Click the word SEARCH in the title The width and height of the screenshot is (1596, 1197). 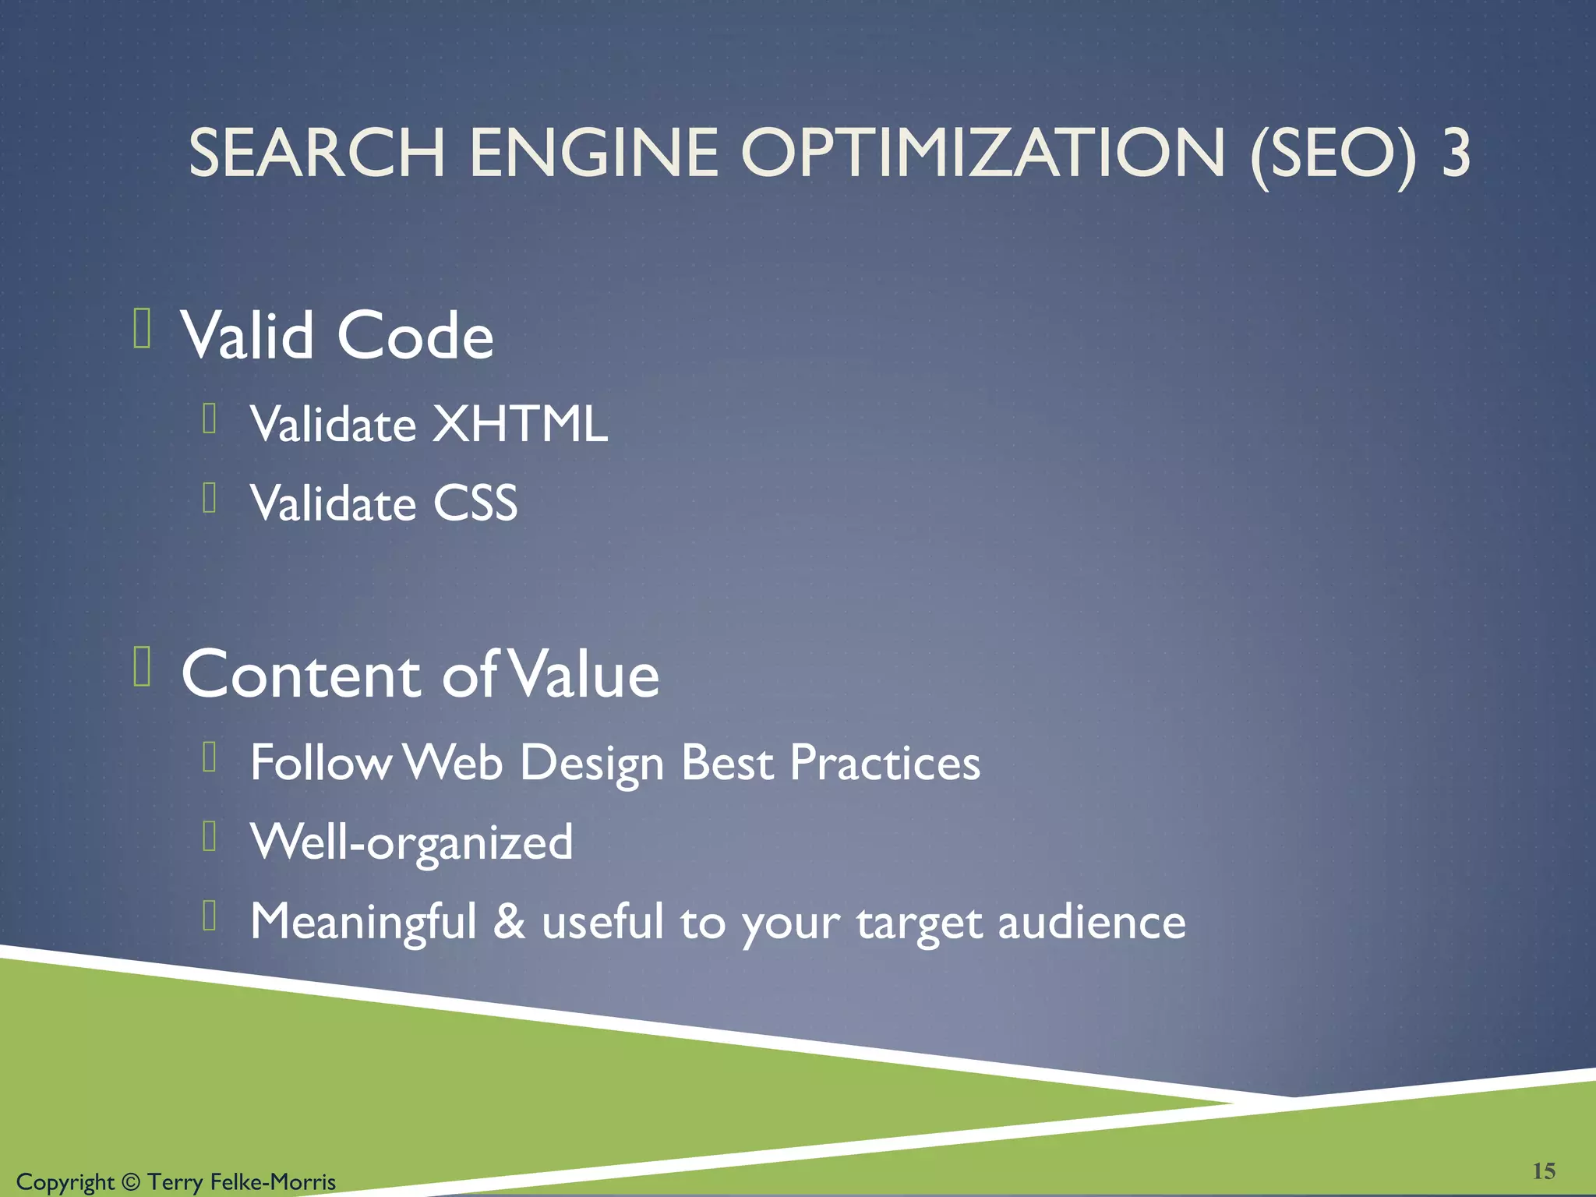(316, 153)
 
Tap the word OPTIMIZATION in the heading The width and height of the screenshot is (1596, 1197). (983, 153)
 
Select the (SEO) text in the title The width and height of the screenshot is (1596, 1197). (1333, 154)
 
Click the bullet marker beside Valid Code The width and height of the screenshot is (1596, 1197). (142, 328)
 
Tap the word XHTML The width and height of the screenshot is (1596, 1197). (520, 424)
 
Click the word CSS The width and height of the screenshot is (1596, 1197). (475, 503)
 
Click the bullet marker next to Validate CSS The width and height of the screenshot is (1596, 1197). (209, 498)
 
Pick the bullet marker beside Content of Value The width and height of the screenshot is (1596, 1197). (142, 666)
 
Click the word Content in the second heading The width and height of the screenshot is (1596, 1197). (301, 674)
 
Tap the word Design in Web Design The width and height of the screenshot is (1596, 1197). (591, 764)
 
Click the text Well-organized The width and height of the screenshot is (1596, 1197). (411, 842)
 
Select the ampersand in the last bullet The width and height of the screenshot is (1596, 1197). (509, 921)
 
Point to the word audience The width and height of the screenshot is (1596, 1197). (1092, 922)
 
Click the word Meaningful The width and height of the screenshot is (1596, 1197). (363, 922)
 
